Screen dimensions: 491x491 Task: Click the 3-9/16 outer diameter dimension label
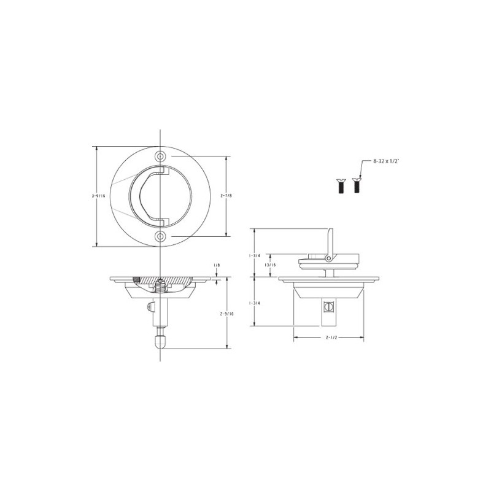pyautogui.click(x=95, y=196)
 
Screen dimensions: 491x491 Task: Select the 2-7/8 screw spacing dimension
pyautogui.click(x=226, y=196)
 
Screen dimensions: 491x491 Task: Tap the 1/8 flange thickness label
pyautogui.click(x=217, y=265)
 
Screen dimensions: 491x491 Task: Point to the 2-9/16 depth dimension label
pyautogui.click(x=227, y=313)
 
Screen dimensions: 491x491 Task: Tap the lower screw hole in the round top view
pyautogui.click(x=160, y=236)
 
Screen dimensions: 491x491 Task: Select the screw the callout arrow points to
pyautogui.click(x=356, y=185)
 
